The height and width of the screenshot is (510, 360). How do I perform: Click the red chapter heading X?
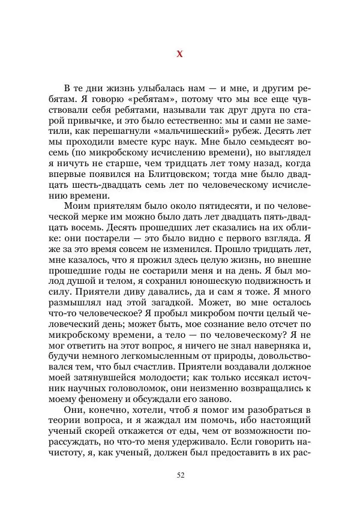point(180,54)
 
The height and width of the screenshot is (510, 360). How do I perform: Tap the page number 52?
point(180,475)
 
